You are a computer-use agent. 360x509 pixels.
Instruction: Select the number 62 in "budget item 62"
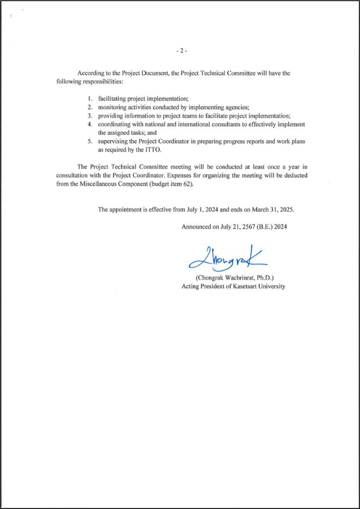point(186,184)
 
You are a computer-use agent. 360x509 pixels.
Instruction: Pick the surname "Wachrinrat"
point(249,278)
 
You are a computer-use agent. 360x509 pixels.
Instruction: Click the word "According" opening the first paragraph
point(91,73)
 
